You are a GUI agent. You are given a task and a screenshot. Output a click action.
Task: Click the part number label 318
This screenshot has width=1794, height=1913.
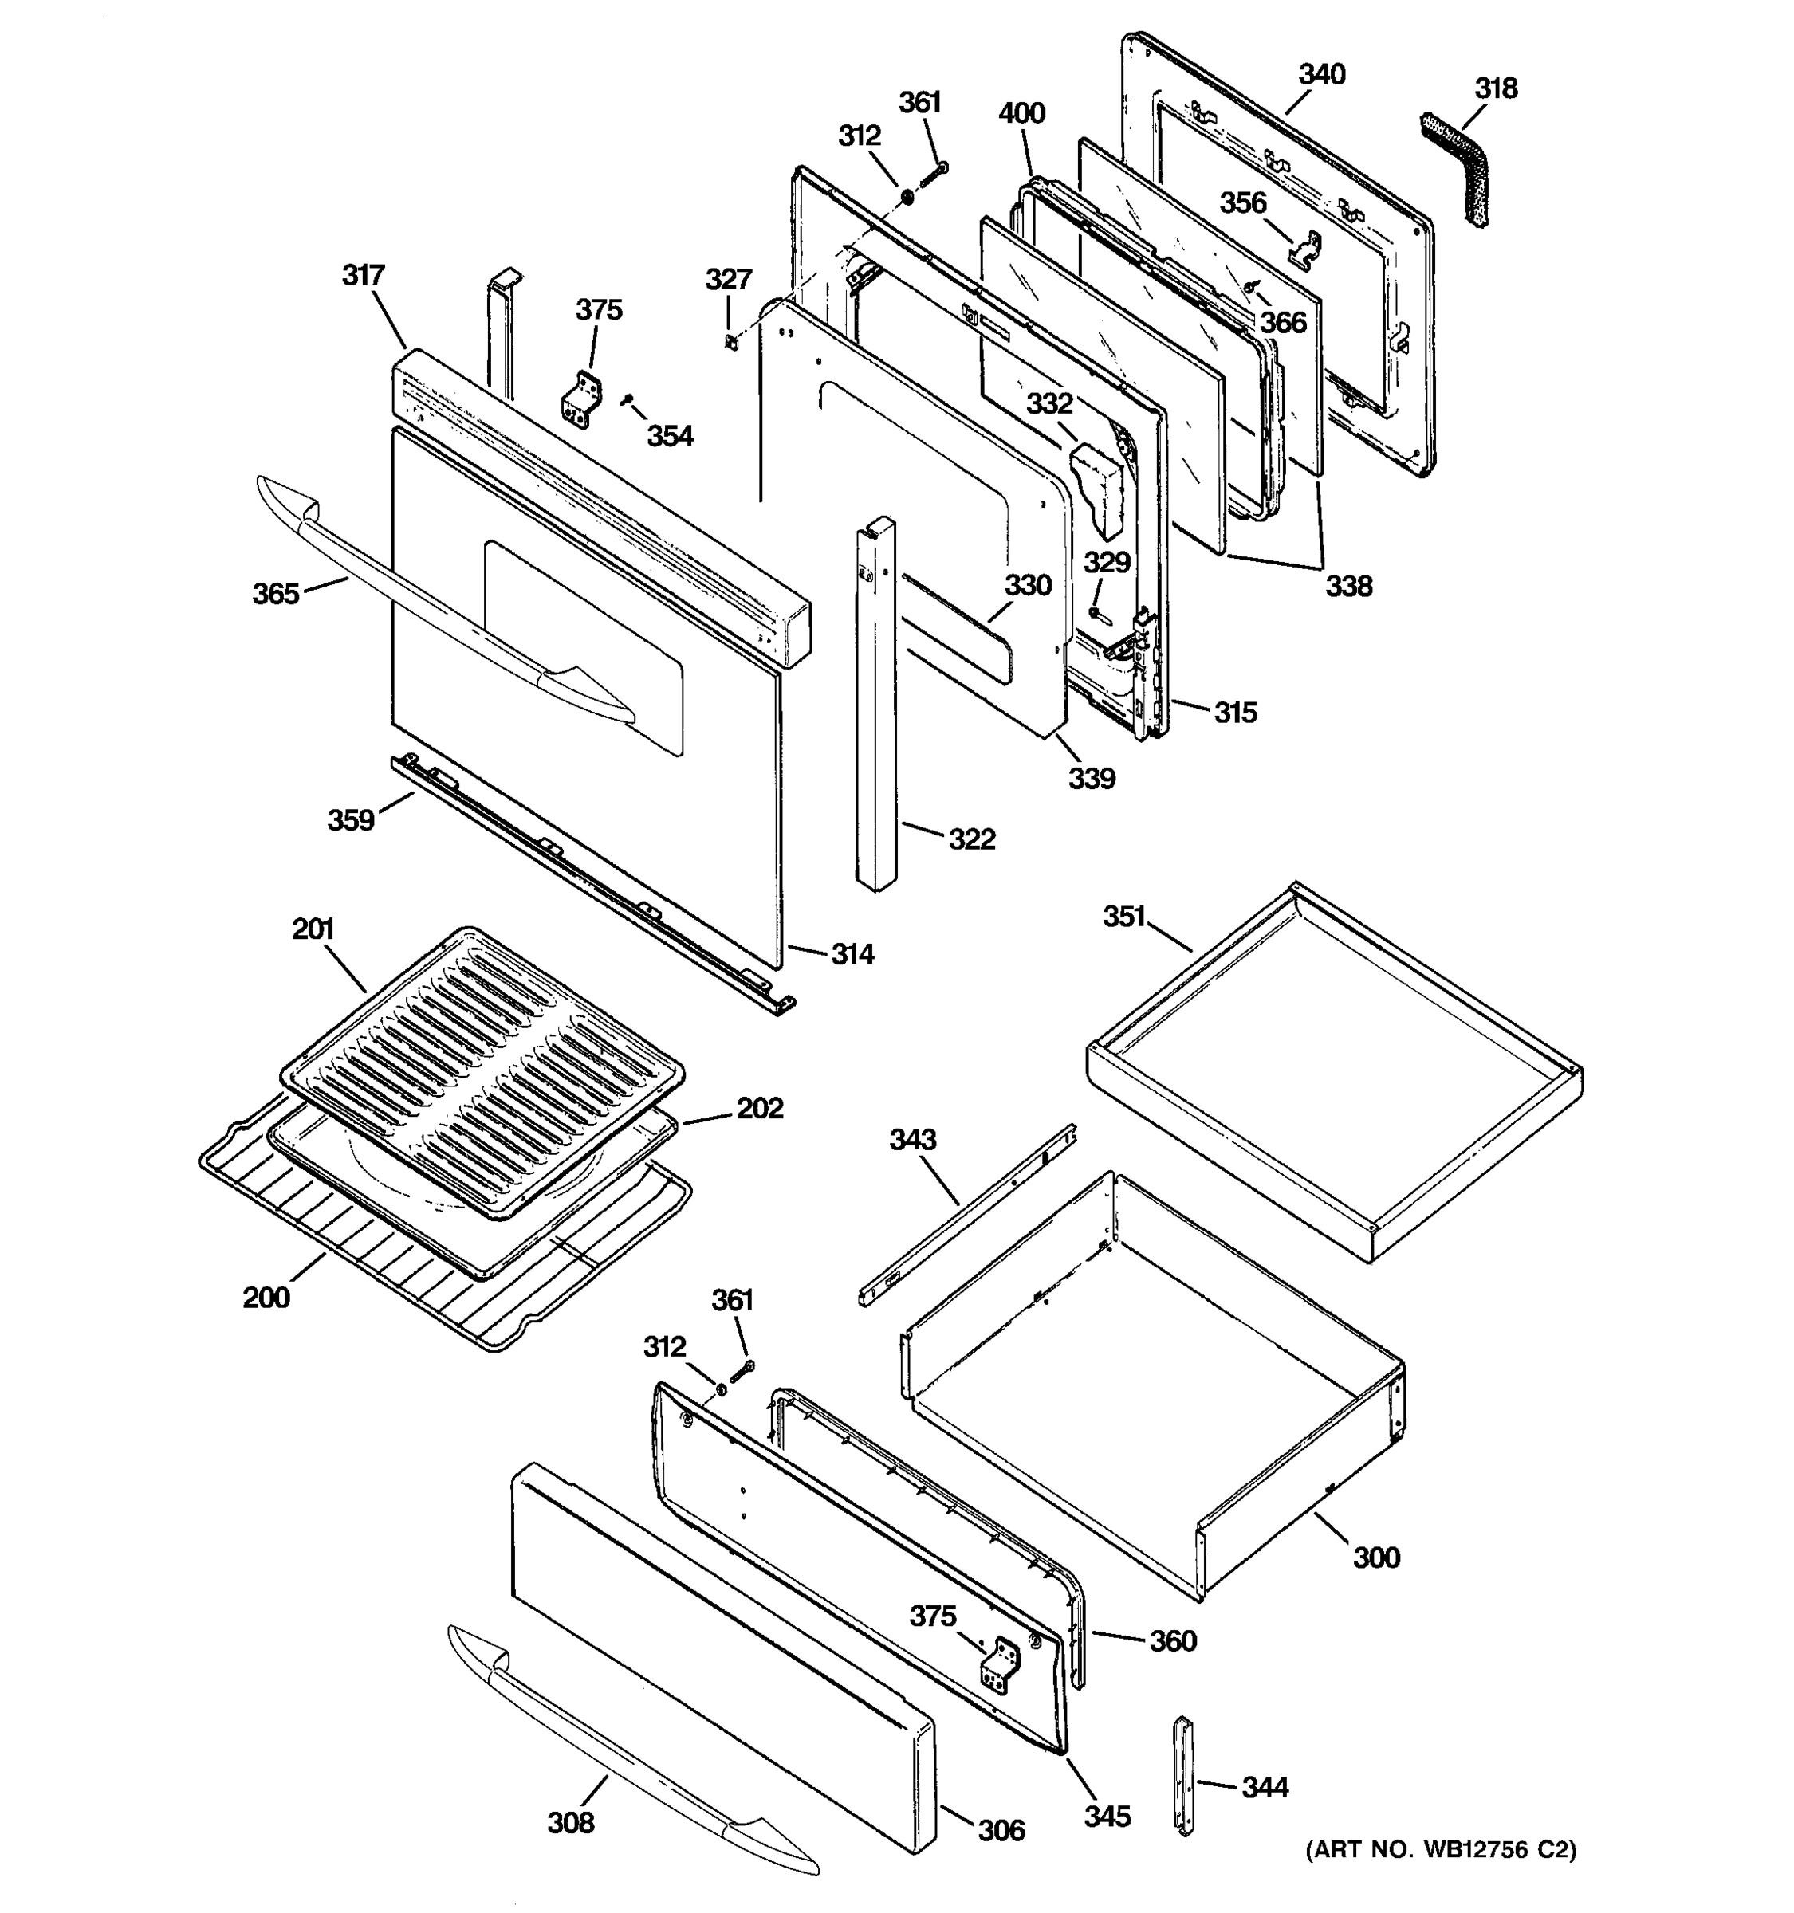(1496, 88)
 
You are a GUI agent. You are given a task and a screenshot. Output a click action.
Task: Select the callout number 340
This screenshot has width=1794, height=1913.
(1321, 74)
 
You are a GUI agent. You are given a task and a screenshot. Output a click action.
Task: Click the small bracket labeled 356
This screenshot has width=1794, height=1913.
(1305, 249)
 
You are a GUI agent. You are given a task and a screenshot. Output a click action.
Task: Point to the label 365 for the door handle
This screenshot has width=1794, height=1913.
(275, 594)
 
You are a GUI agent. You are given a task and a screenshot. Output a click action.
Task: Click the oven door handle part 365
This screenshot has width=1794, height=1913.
(423, 607)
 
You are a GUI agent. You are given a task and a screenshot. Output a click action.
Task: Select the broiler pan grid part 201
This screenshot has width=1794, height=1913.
(482, 1068)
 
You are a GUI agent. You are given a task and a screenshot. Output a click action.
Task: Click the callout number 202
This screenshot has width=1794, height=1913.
(759, 1109)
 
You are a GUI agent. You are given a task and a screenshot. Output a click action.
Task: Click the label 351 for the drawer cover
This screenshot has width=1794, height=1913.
(1123, 917)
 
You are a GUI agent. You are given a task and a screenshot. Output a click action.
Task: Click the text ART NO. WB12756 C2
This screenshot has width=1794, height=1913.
(1440, 1849)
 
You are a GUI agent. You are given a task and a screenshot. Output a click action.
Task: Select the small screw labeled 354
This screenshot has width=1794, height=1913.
(627, 398)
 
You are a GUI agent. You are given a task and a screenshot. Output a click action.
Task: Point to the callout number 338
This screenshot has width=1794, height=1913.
(1348, 586)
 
